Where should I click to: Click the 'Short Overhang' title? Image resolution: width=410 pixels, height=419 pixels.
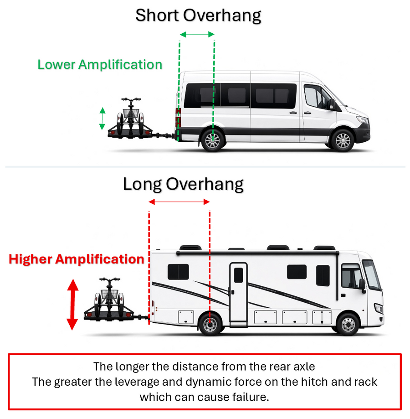[x=198, y=16]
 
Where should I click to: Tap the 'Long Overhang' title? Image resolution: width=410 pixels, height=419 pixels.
[x=183, y=184]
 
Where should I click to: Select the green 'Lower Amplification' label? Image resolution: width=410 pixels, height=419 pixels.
[x=100, y=65]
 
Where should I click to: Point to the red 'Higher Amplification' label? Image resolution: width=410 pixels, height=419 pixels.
[x=77, y=259]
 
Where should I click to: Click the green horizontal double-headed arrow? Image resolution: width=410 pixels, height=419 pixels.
[x=197, y=34]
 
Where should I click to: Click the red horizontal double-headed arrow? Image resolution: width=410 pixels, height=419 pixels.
[x=179, y=202]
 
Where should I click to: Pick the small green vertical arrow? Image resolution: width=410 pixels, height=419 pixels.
[x=102, y=119]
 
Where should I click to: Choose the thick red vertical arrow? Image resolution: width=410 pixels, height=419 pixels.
[x=72, y=305]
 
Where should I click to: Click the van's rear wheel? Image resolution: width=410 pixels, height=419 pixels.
[x=212, y=140]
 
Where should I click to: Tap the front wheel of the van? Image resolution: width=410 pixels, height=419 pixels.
[x=343, y=140]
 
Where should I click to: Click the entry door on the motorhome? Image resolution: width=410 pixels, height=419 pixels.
[x=238, y=295]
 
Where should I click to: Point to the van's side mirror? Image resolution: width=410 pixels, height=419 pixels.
[x=332, y=104]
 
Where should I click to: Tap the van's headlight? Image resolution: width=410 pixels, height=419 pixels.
[x=363, y=120]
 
